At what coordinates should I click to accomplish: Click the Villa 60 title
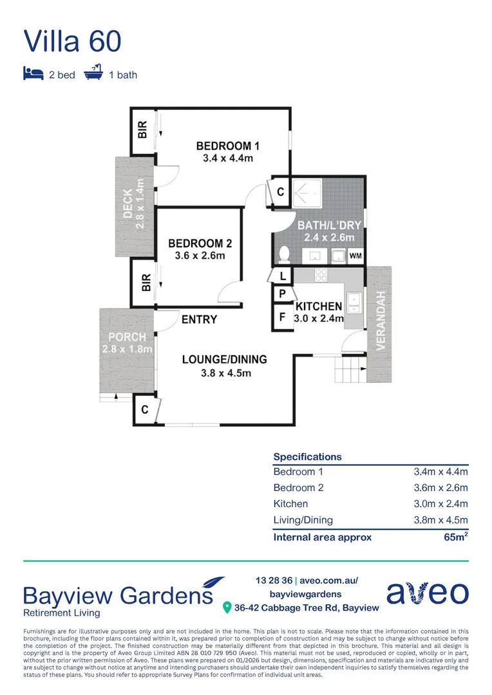72,41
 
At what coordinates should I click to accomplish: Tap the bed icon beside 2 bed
33,74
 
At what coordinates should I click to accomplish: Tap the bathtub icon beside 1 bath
93,74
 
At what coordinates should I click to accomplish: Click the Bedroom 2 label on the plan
200,244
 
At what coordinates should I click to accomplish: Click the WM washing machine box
355,256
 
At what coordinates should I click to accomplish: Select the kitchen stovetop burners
321,275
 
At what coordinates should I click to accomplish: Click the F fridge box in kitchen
281,317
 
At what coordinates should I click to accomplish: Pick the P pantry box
281,295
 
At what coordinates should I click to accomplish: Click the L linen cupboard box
282,275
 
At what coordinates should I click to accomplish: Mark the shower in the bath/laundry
310,192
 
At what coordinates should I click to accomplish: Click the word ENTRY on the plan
199,320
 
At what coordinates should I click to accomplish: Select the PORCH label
127,337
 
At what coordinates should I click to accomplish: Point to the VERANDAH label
381,320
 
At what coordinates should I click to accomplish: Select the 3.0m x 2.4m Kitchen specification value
440,504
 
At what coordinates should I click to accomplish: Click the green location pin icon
227,607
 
